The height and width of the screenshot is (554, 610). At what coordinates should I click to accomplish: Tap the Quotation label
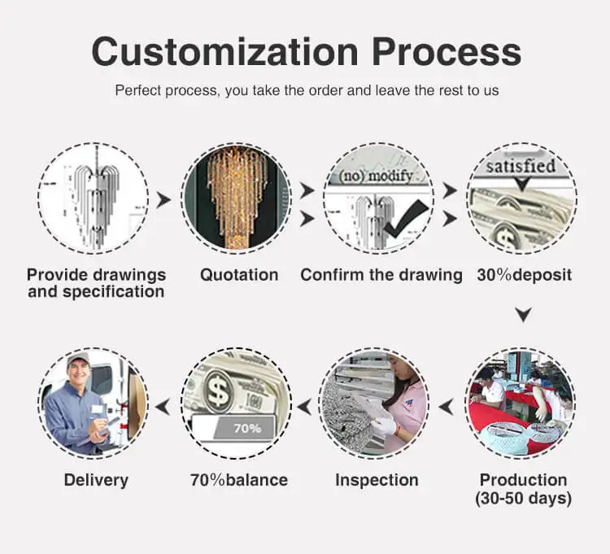[x=239, y=275]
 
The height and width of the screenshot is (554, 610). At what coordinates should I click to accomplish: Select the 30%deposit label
[x=524, y=275]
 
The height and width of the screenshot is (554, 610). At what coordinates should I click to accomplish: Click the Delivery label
[x=96, y=480]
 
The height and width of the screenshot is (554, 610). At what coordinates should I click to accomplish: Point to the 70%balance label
[x=238, y=480]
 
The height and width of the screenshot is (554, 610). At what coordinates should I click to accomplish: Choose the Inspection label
[x=377, y=480]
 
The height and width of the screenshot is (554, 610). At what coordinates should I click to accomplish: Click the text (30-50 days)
[x=524, y=499]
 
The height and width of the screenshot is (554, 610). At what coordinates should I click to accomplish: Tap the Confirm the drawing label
[x=381, y=275]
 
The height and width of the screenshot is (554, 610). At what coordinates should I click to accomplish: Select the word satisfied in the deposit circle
[x=521, y=167]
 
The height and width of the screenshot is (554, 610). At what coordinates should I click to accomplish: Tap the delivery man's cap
[x=78, y=359]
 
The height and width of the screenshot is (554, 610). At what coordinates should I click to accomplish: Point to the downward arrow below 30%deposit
[x=524, y=314]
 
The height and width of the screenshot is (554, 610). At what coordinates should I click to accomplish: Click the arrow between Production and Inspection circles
[x=446, y=404]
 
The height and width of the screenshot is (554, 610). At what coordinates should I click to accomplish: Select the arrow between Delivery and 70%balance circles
[x=163, y=404]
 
